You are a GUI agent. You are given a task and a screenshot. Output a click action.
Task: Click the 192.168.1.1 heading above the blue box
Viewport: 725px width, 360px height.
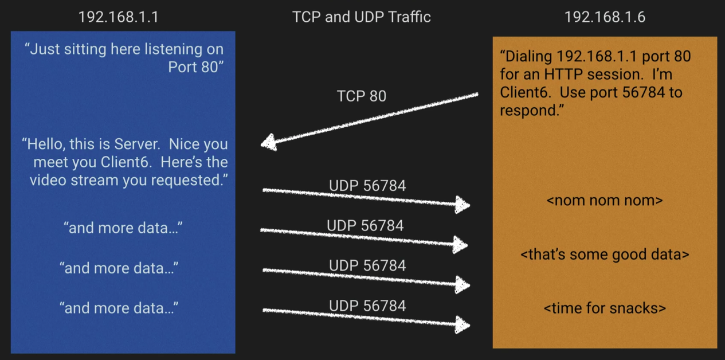pos(118,17)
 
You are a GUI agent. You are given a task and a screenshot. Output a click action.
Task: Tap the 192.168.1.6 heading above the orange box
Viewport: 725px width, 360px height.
pos(605,17)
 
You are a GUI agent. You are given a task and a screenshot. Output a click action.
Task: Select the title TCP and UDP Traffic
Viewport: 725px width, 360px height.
pos(362,17)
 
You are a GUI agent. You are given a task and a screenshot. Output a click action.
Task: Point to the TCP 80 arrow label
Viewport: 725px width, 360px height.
pos(361,96)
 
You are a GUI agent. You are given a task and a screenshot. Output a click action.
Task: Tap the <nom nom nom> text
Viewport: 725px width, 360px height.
pos(605,201)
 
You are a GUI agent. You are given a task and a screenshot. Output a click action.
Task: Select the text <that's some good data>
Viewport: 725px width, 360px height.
pos(605,254)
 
